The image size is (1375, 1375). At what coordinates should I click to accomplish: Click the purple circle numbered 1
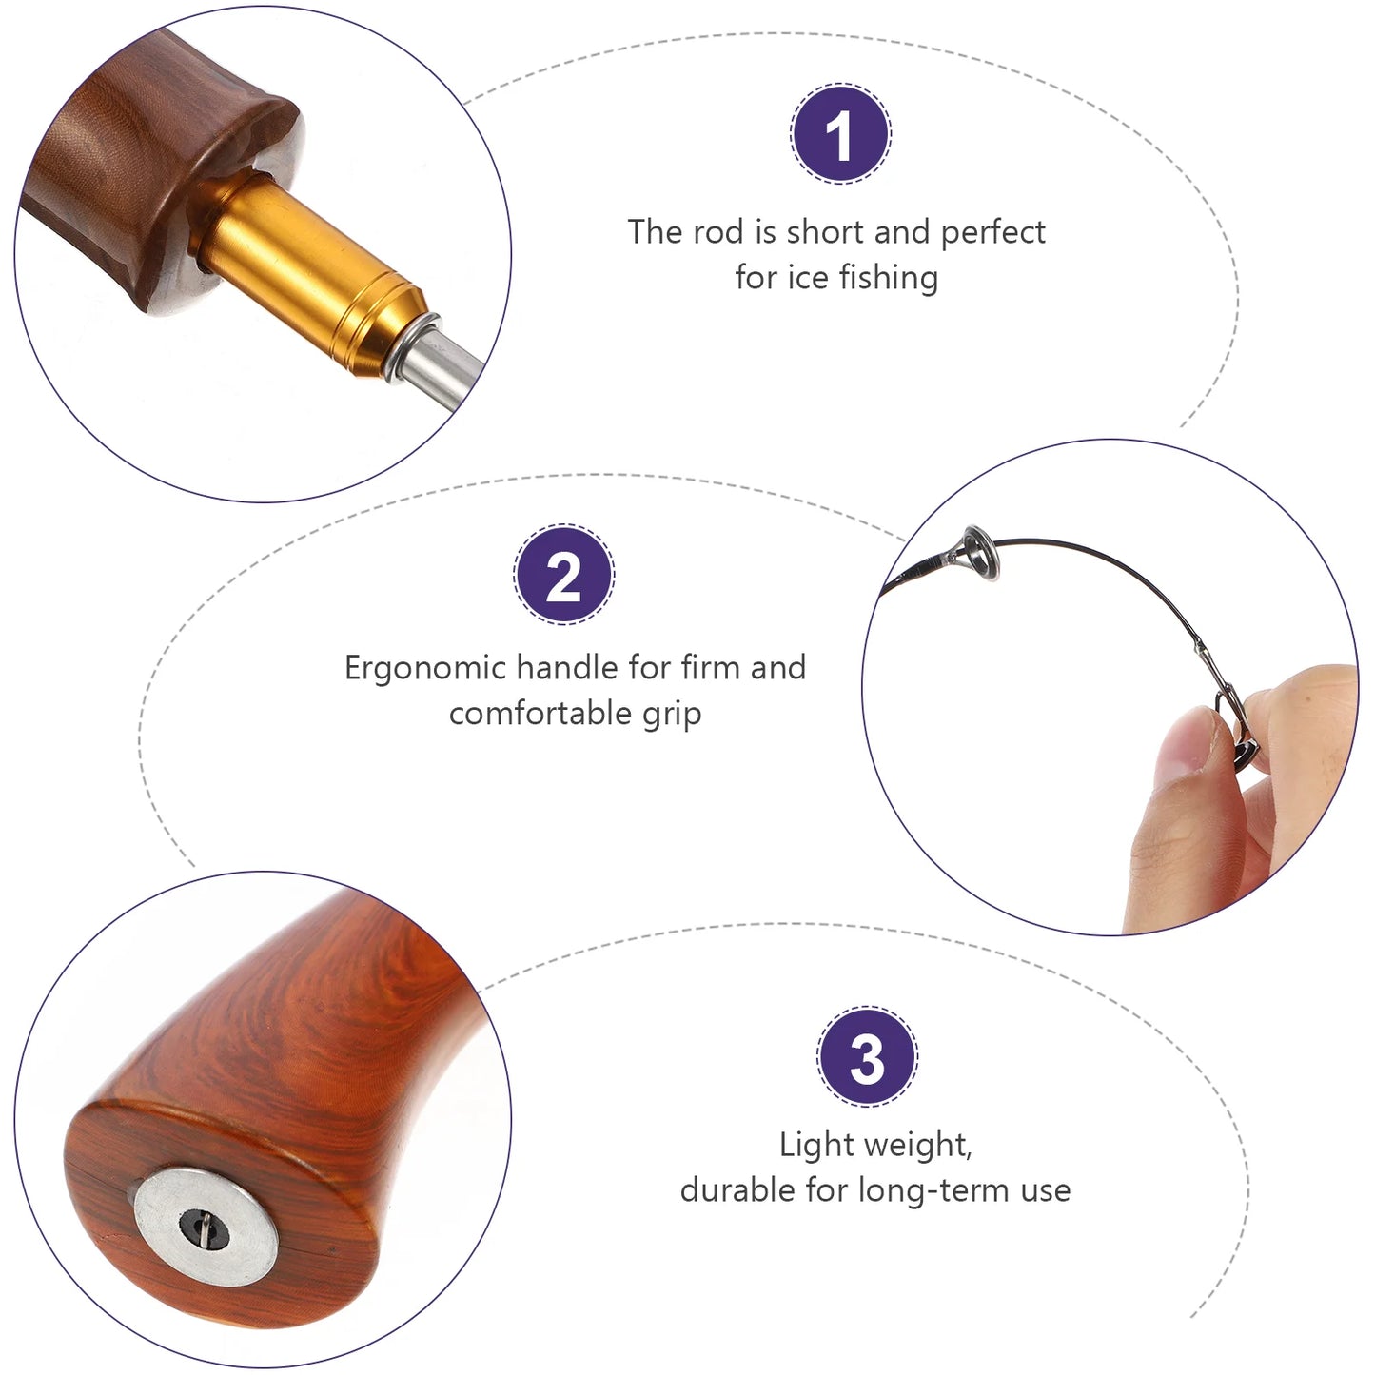(x=841, y=133)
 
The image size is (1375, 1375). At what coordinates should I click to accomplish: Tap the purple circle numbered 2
(x=563, y=575)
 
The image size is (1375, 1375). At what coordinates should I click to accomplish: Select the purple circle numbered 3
(x=867, y=1057)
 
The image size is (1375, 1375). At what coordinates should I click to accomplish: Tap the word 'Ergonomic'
(x=425, y=669)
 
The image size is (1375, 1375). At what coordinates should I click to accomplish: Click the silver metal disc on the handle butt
(x=206, y=1226)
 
